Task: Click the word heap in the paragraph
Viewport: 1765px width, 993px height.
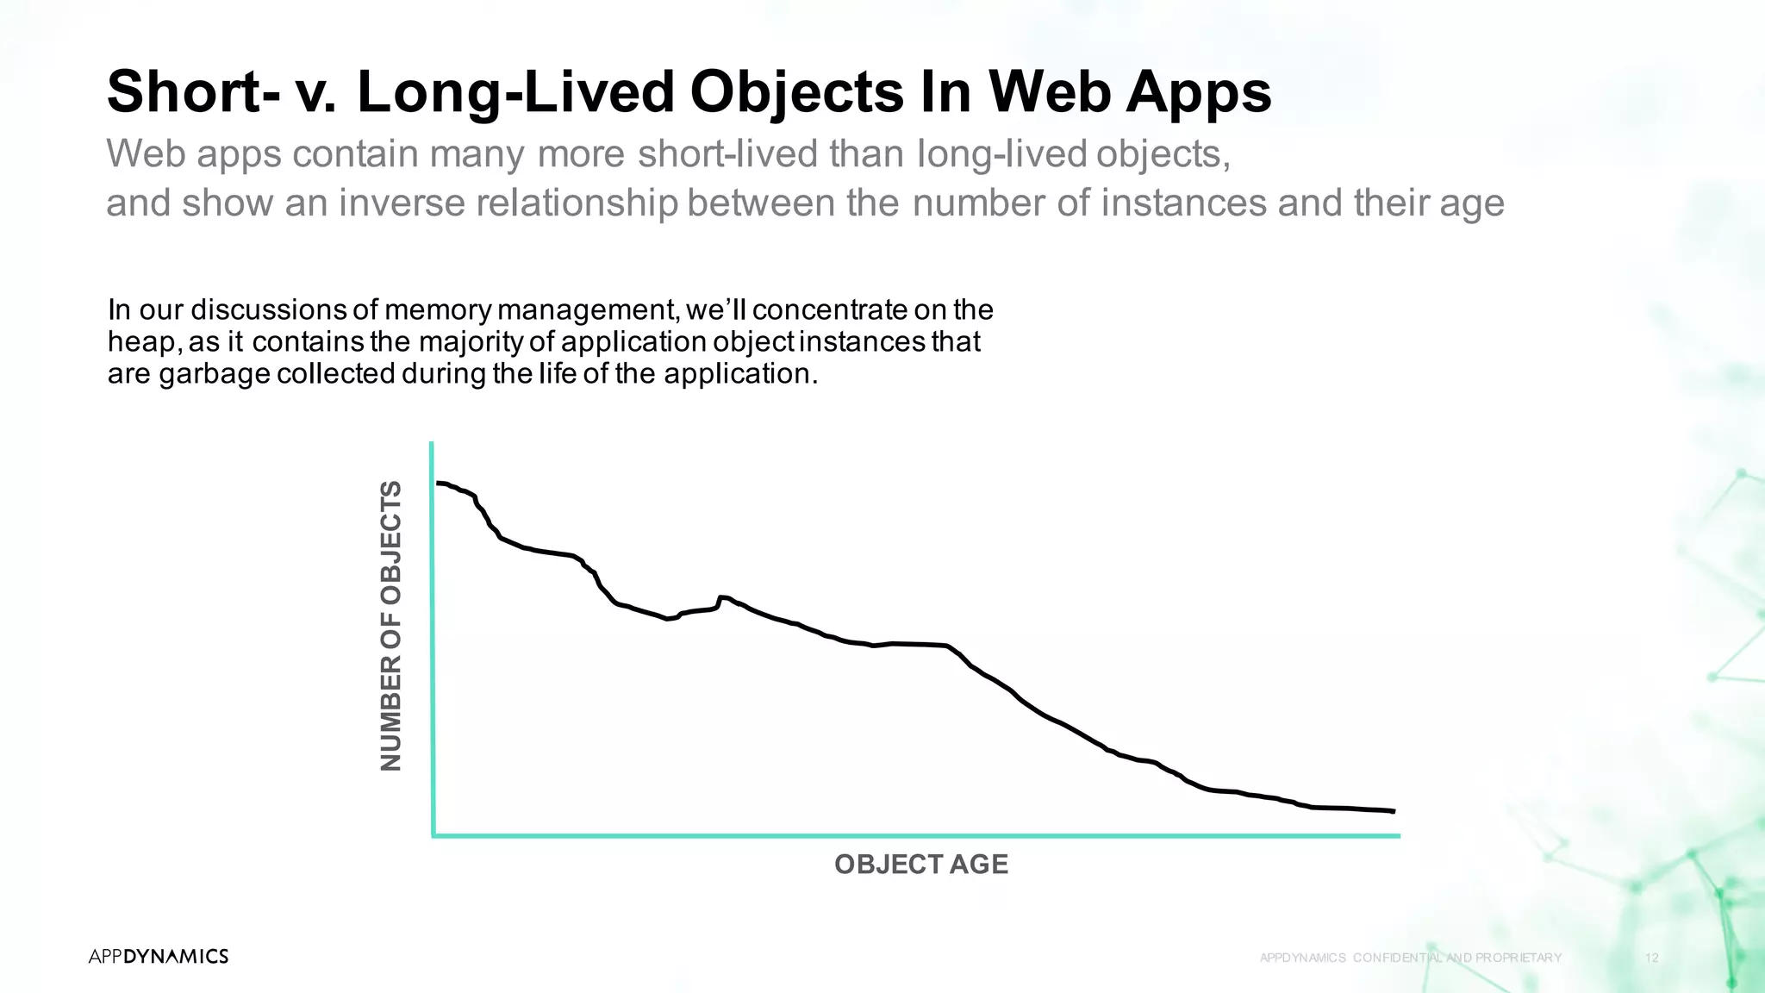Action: (x=144, y=343)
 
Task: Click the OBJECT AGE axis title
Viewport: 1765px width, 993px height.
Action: (x=920, y=865)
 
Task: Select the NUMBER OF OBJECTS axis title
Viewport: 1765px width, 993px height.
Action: (x=391, y=626)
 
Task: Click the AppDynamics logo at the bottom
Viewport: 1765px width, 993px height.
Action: (x=159, y=956)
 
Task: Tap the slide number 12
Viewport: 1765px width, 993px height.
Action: (x=1652, y=958)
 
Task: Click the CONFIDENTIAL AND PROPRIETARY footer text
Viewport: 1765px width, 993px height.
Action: (x=1456, y=958)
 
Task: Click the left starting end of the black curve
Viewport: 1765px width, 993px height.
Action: (x=439, y=484)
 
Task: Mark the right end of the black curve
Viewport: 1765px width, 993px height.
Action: (x=1393, y=811)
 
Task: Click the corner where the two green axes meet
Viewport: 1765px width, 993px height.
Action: (x=433, y=835)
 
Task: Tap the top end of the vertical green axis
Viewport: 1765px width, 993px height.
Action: (x=432, y=444)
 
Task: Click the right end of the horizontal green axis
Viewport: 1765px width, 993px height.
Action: (x=1398, y=835)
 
